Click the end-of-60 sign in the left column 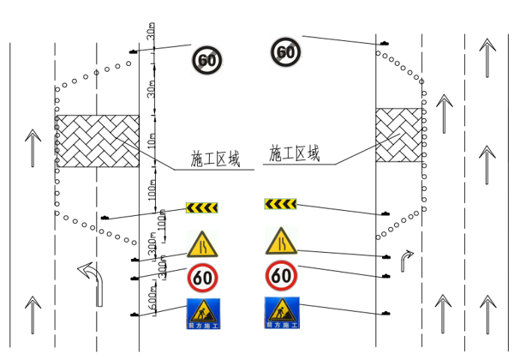click(206, 59)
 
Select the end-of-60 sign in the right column click(286, 51)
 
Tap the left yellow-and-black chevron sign click(202, 207)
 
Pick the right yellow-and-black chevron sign click(279, 203)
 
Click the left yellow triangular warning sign click(201, 245)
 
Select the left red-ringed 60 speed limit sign click(203, 278)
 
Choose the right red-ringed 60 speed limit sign click(281, 275)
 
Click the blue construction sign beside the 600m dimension click(203, 314)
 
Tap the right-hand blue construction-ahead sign click(280, 312)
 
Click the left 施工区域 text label click(215, 159)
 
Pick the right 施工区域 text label click(294, 154)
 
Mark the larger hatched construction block click(97, 141)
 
